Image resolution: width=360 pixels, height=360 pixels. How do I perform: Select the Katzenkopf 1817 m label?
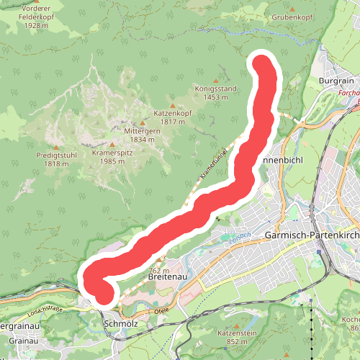pos(172,117)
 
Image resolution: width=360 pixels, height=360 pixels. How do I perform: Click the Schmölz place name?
pos(121,325)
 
